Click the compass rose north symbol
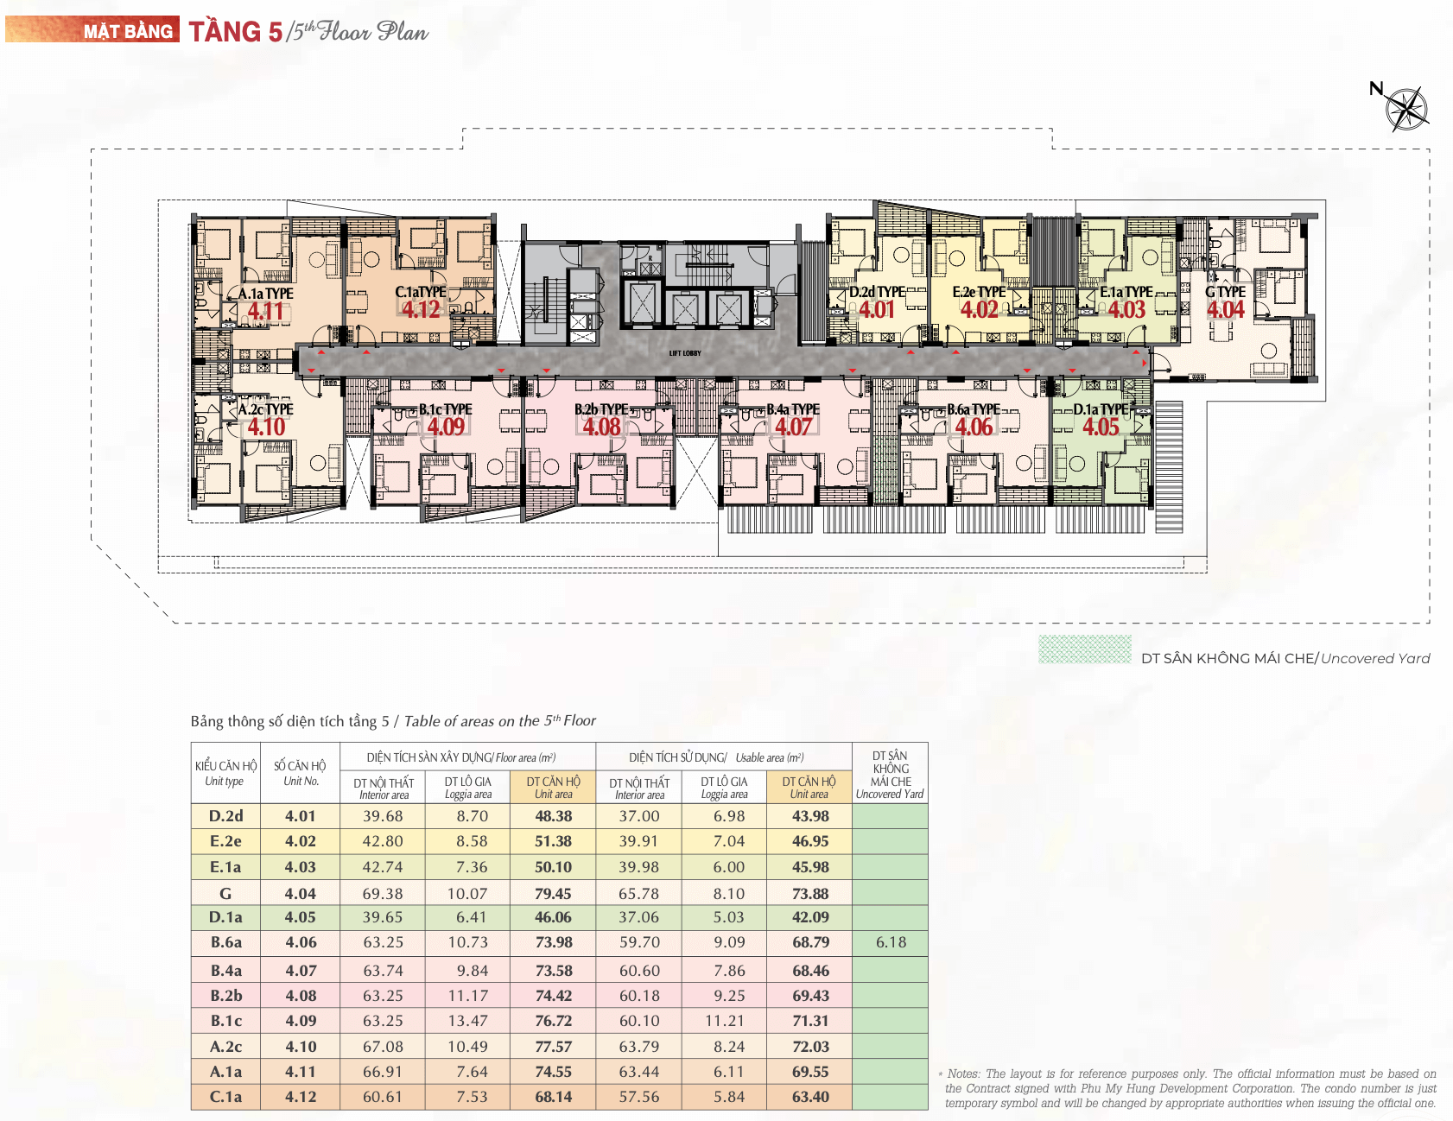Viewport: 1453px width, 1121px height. click(1406, 109)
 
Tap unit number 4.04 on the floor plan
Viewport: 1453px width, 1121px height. click(1225, 309)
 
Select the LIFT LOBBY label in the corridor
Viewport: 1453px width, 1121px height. click(685, 353)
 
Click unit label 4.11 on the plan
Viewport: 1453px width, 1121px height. click(266, 311)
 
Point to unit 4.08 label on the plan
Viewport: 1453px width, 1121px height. click(601, 427)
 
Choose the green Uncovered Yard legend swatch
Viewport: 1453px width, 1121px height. click(1084, 649)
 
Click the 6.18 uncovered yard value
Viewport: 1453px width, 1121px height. click(891, 942)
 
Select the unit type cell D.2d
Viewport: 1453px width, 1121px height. click(225, 816)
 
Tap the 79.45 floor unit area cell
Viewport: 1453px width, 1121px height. click(553, 894)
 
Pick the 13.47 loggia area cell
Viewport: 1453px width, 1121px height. click(467, 1021)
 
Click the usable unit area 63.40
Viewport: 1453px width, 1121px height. click(810, 1097)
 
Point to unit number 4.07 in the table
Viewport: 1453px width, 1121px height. click(301, 971)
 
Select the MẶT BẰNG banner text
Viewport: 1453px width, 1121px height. click(128, 32)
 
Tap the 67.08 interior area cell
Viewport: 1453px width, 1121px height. click(383, 1047)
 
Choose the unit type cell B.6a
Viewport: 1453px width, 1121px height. click(225, 942)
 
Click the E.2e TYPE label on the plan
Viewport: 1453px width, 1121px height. click(979, 292)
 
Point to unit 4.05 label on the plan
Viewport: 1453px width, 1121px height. click(1101, 427)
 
